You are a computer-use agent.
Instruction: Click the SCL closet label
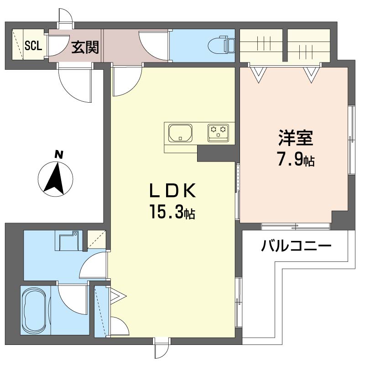[x=33, y=46]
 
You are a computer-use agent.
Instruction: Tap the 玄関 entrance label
[x=85, y=47]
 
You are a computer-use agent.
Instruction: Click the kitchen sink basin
[x=180, y=133]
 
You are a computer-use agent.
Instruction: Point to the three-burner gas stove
[x=218, y=133]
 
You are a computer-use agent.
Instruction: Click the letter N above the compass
[x=59, y=155]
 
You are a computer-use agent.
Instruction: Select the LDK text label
[x=172, y=190]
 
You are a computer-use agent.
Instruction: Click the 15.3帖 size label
[x=173, y=211]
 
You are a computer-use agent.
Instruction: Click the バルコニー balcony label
[x=296, y=245]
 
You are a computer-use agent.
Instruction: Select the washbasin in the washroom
[x=69, y=240]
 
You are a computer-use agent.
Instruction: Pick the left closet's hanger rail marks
[x=264, y=43]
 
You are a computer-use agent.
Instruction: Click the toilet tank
[x=230, y=45]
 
